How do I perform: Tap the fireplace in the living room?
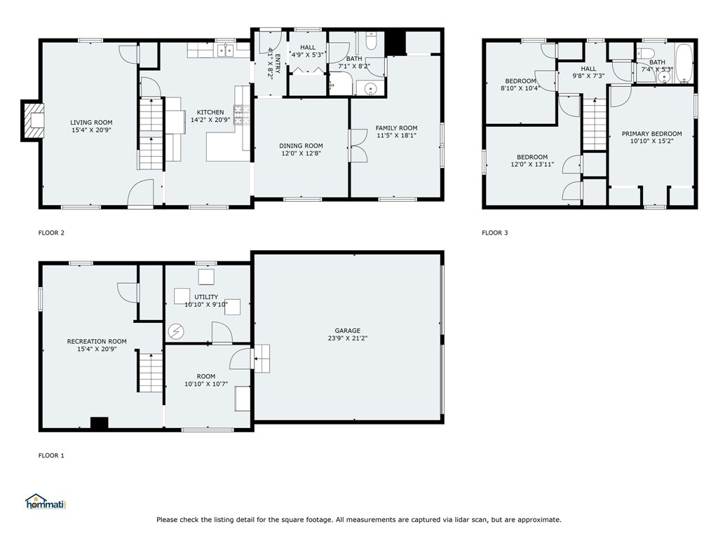click(x=33, y=121)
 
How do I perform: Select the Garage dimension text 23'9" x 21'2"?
click(x=347, y=338)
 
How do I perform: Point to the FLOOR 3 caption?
click(x=494, y=233)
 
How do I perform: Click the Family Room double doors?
click(x=358, y=146)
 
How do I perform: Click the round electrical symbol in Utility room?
click(x=176, y=330)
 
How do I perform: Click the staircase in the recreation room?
click(x=149, y=372)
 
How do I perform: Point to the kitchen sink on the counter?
click(x=225, y=50)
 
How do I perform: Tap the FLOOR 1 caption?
click(x=51, y=455)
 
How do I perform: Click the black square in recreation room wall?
click(x=99, y=422)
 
